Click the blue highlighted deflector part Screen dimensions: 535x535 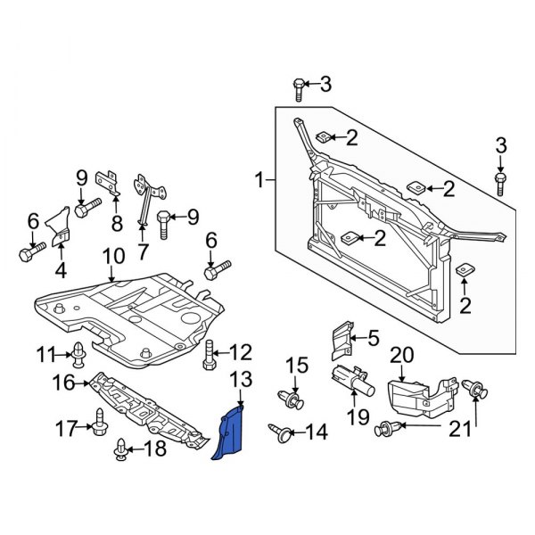[x=231, y=432]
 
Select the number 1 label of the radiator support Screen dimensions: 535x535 [x=259, y=181]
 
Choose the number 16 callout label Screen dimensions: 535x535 [x=63, y=383]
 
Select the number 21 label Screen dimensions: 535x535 [x=458, y=430]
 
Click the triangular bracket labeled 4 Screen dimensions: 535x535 [x=58, y=228]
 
